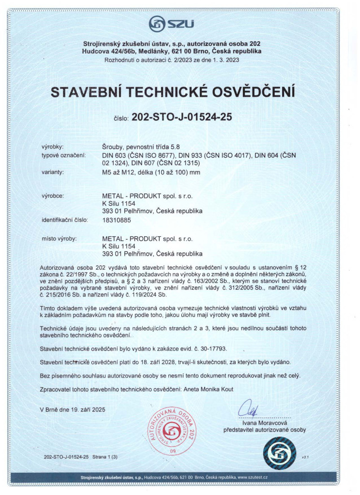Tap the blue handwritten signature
(x=246, y=408)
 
